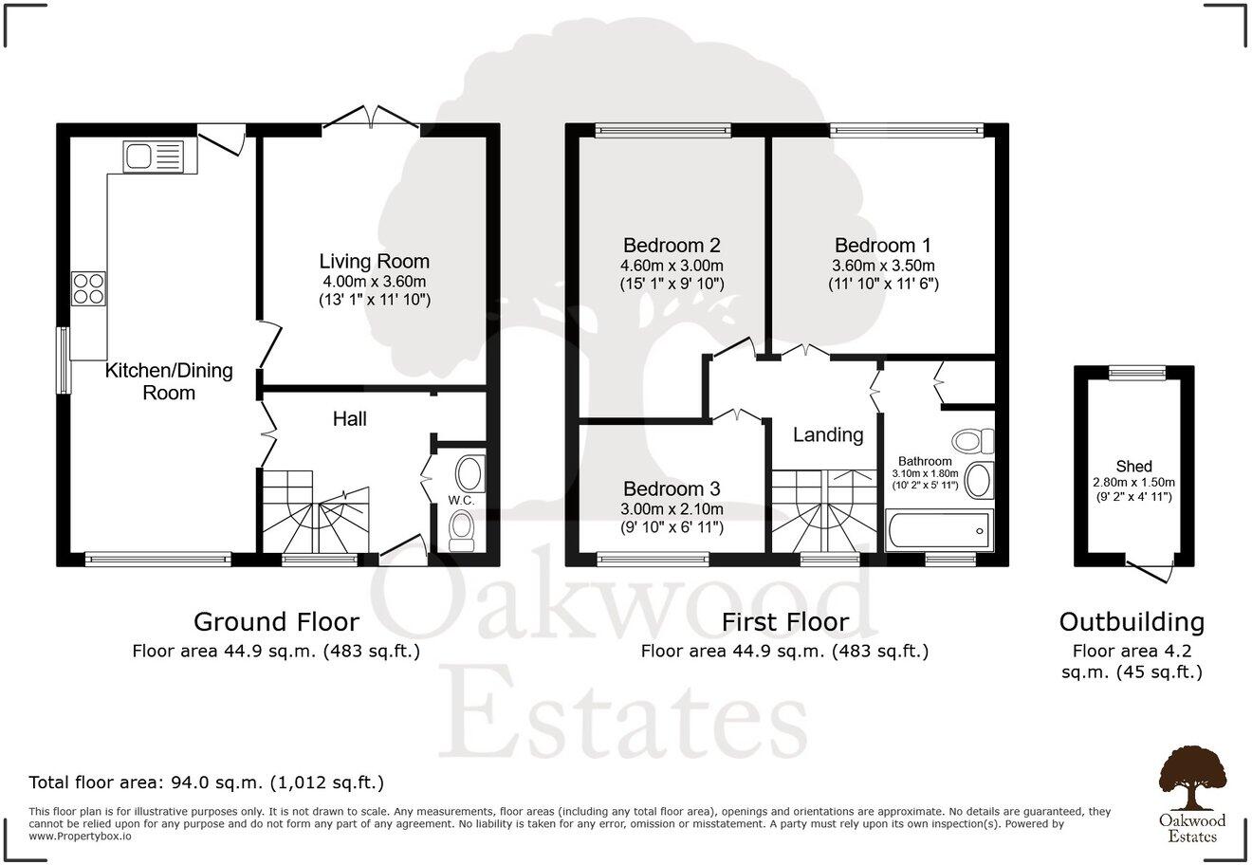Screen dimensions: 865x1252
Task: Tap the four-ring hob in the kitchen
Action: pos(88,288)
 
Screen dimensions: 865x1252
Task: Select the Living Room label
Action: pos(374,261)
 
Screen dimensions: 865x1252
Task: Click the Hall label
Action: pos(350,418)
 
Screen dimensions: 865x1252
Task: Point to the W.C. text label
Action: pos(462,500)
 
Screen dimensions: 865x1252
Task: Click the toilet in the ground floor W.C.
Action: pos(462,529)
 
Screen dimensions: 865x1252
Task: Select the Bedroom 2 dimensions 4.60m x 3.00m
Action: pos(672,266)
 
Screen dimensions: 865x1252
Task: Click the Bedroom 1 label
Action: pos(882,245)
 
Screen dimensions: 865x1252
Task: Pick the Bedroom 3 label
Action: pos(672,488)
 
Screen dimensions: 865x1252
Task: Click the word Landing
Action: pos(828,434)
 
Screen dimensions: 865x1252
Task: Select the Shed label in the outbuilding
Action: pos(1133,466)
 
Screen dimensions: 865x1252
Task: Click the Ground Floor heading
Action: pos(276,622)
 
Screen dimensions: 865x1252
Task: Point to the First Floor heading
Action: pos(784,622)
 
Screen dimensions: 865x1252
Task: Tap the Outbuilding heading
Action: pos(1132,622)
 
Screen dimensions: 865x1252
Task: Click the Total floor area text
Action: pos(207,783)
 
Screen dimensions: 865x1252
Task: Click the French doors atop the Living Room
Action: pos(372,120)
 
